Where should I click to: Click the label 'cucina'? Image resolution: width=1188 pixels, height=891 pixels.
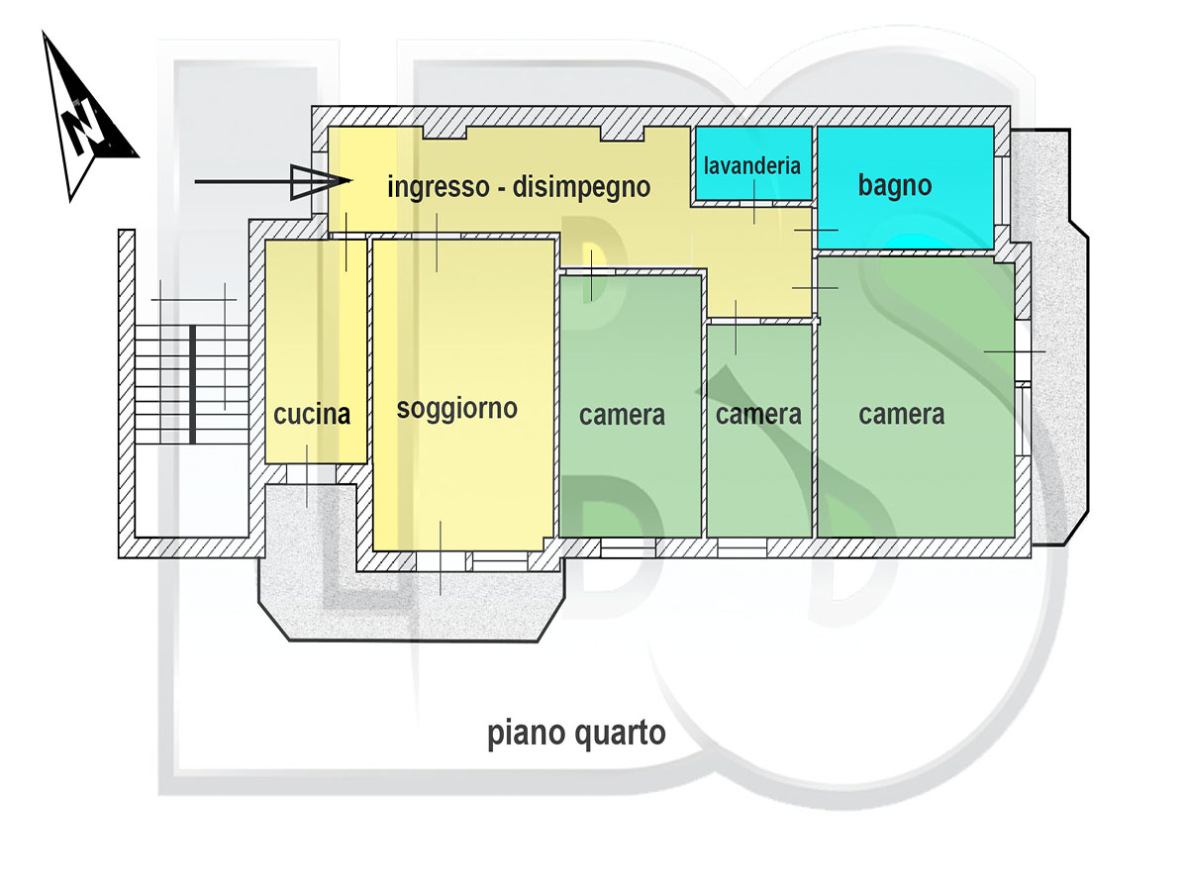312,415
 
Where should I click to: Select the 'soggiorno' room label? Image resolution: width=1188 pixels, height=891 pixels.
457,408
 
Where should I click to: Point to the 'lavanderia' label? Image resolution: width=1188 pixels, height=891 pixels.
752,165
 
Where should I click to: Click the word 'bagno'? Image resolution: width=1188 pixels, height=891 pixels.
895,185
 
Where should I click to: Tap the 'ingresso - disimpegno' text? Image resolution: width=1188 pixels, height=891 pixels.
519,186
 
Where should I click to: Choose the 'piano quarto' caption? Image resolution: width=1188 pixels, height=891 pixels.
576,735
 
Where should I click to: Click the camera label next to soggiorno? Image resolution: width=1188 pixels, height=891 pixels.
622,414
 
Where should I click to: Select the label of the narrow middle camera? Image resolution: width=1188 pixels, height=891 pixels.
758,414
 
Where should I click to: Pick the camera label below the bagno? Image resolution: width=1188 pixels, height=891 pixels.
901,414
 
